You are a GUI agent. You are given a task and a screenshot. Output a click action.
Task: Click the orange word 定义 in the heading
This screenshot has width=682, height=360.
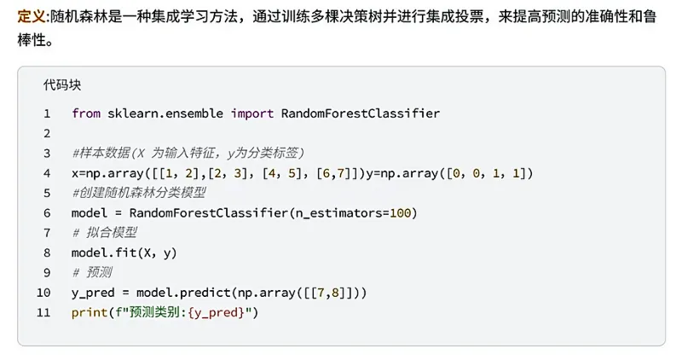click(31, 17)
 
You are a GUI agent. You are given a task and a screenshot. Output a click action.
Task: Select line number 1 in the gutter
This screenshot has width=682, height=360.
click(47, 113)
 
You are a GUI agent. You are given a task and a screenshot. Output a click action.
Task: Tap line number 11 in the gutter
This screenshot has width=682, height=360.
click(44, 313)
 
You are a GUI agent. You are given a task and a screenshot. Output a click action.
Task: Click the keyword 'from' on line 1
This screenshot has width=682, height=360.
click(86, 113)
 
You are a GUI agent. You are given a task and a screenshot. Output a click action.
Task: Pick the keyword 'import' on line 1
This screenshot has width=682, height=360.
click(251, 113)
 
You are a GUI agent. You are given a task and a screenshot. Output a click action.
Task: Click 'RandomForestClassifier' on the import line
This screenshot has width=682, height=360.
click(360, 113)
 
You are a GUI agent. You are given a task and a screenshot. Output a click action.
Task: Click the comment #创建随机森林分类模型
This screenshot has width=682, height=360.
click(139, 193)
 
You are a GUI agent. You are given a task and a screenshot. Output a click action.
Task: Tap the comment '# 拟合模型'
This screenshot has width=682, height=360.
click(105, 233)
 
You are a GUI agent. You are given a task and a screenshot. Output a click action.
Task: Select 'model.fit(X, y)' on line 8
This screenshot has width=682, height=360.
click(124, 253)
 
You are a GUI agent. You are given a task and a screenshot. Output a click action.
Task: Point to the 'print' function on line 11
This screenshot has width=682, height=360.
click(90, 313)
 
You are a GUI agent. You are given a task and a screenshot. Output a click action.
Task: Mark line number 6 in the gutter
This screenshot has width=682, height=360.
click(47, 213)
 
